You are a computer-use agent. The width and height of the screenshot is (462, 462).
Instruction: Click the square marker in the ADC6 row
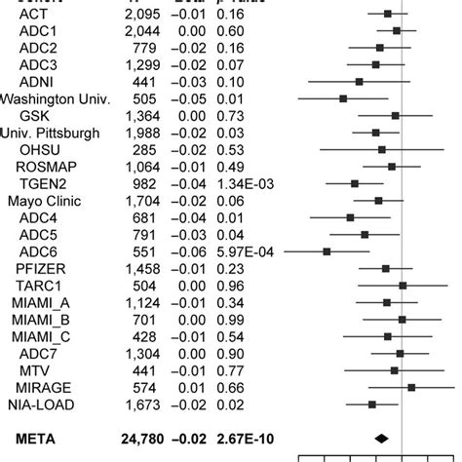(x=327, y=251)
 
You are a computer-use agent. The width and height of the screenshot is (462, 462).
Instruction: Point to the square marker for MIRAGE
(x=411, y=387)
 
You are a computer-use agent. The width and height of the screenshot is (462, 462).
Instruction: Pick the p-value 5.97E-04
(x=245, y=251)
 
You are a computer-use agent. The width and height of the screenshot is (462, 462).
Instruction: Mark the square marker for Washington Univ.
(x=343, y=98)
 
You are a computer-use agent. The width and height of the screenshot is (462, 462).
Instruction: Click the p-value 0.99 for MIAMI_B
(x=229, y=319)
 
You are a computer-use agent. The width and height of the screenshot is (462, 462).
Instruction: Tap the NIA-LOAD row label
(x=42, y=404)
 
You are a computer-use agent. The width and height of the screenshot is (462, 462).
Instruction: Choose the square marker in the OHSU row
(x=382, y=149)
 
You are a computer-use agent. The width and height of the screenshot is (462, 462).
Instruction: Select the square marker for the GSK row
(x=395, y=115)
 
